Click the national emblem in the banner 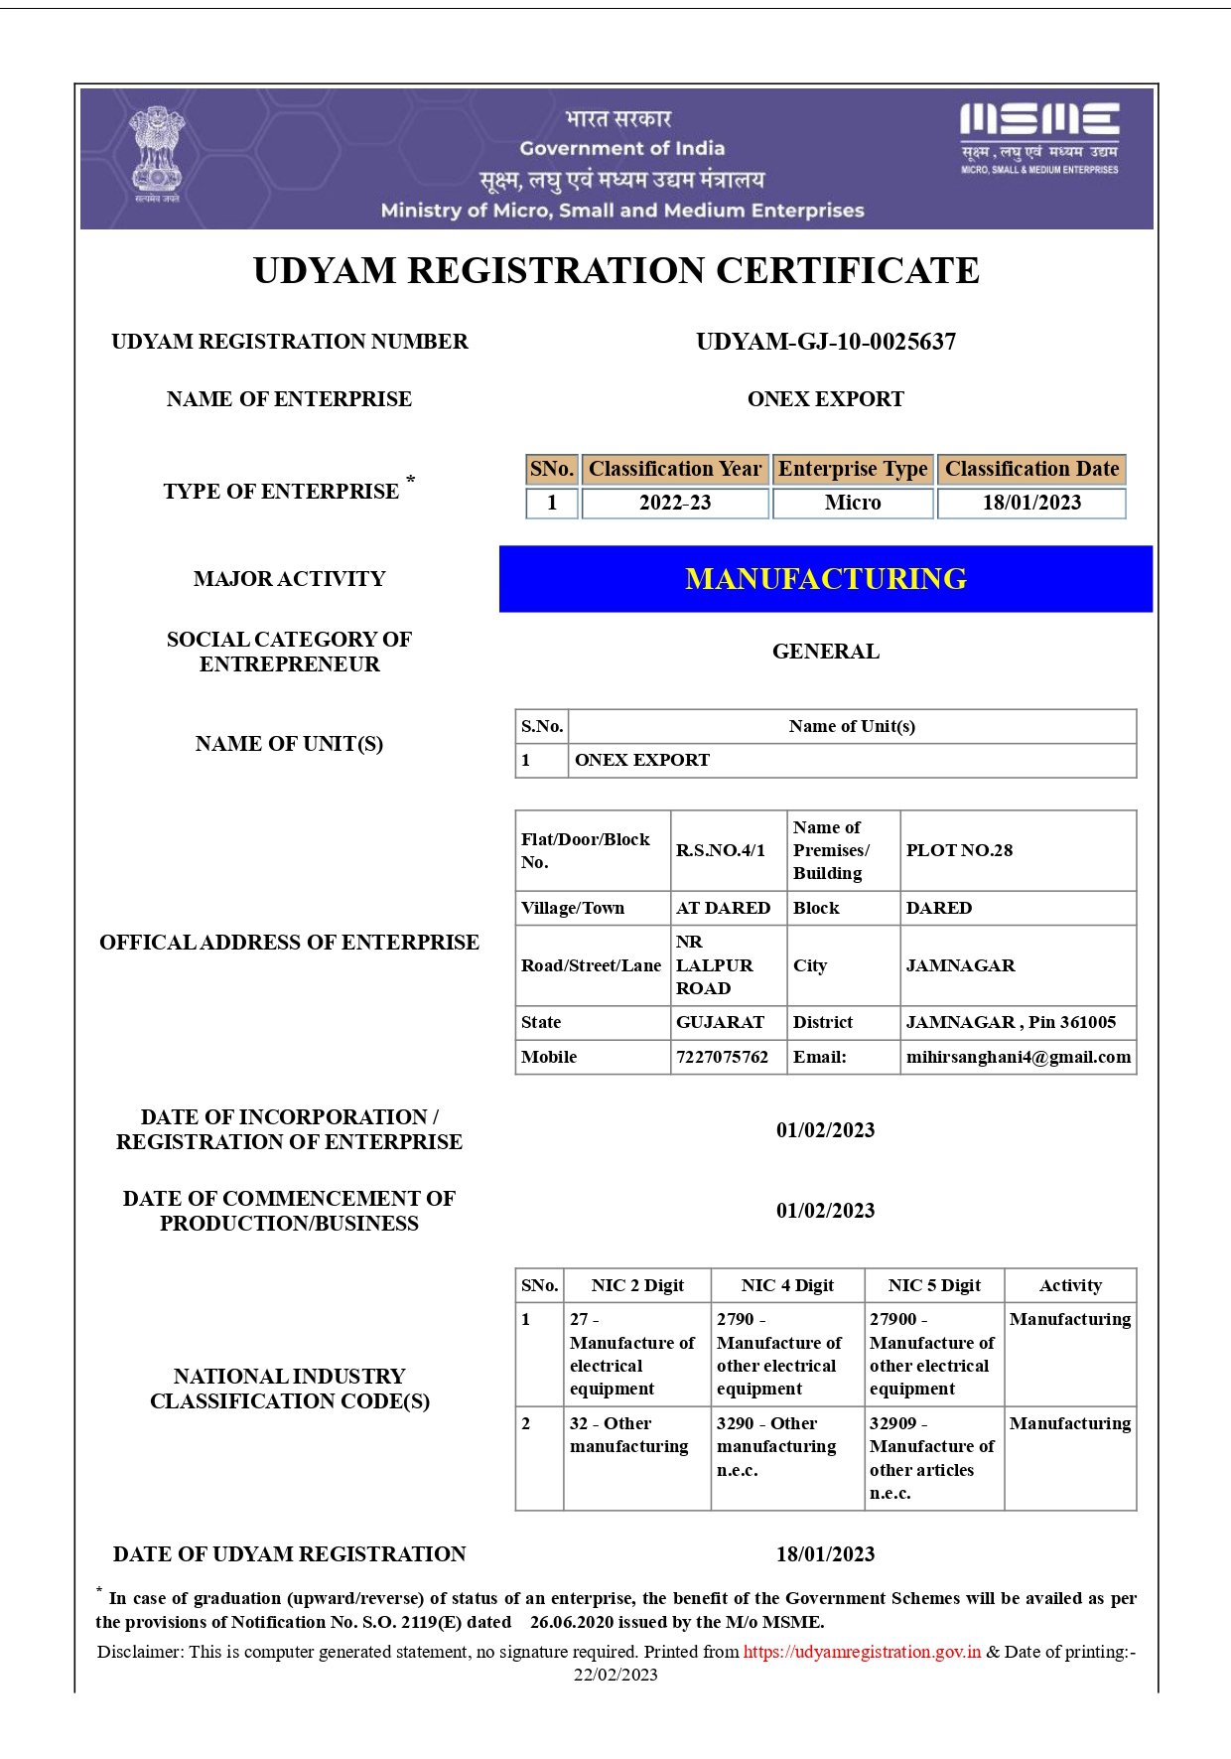click(157, 154)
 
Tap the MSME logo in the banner click(1038, 137)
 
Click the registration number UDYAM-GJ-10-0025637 click(825, 342)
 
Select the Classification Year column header click(674, 469)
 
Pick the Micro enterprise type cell click(852, 503)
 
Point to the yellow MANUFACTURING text click(825, 579)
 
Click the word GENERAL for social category click(825, 652)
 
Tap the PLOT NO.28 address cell click(959, 850)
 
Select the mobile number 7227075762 click(722, 1057)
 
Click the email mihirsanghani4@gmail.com click(1018, 1057)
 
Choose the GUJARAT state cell click(720, 1022)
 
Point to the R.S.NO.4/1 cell click(720, 850)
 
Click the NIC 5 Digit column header click(933, 1285)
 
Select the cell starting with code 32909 click(931, 1457)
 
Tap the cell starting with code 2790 click(778, 1353)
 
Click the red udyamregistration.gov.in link click(862, 1652)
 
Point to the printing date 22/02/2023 click(615, 1675)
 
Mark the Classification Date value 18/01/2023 click(1030, 503)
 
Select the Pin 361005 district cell click(1011, 1022)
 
